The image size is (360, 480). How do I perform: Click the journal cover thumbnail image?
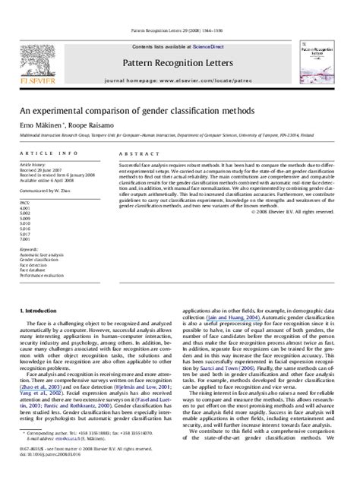(322, 57)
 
